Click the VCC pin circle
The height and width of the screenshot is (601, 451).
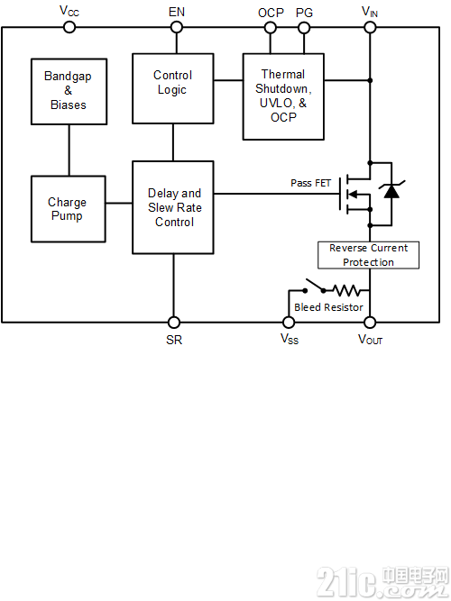pyautogui.click(x=69, y=27)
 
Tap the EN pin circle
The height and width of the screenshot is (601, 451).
pyautogui.click(x=177, y=27)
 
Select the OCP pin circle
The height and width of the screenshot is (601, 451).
pyautogui.click(x=271, y=28)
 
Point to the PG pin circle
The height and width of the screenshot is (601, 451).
pyautogui.click(x=304, y=28)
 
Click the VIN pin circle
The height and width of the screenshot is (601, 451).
pyautogui.click(x=370, y=27)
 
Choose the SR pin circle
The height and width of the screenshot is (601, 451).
pyautogui.click(x=174, y=323)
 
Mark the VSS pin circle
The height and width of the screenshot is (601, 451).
pyautogui.click(x=289, y=323)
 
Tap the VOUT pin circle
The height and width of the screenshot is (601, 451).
pyautogui.click(x=370, y=323)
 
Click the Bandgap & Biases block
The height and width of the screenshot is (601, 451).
pyautogui.click(x=69, y=92)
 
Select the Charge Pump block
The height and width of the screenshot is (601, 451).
pyautogui.click(x=69, y=209)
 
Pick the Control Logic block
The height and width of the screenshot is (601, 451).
pyautogui.click(x=173, y=88)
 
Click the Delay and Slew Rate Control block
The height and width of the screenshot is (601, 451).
pyautogui.click(x=173, y=207)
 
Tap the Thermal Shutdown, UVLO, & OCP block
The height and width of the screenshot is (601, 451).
pyautogui.click(x=283, y=96)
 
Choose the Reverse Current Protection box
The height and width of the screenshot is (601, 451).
pyautogui.click(x=369, y=255)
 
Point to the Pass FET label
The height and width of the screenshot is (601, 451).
pyautogui.click(x=310, y=183)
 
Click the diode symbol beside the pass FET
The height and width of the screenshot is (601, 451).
pyautogui.click(x=391, y=190)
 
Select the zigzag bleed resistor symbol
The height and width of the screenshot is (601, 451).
pyautogui.click(x=347, y=290)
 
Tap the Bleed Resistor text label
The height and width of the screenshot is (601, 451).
pyautogui.click(x=328, y=307)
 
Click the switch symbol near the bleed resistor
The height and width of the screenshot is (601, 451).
pyautogui.click(x=315, y=287)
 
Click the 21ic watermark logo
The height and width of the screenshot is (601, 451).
pyautogui.click(x=382, y=582)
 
